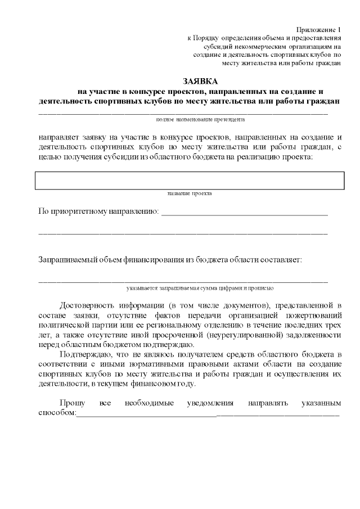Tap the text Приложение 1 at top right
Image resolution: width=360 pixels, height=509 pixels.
[318, 29]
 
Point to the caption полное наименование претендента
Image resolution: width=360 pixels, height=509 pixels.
[200, 119]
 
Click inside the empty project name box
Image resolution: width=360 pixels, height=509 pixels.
[190, 181]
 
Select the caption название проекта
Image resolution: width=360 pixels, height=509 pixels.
[190, 193]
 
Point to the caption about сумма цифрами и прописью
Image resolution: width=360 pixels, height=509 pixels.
[200, 287]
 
